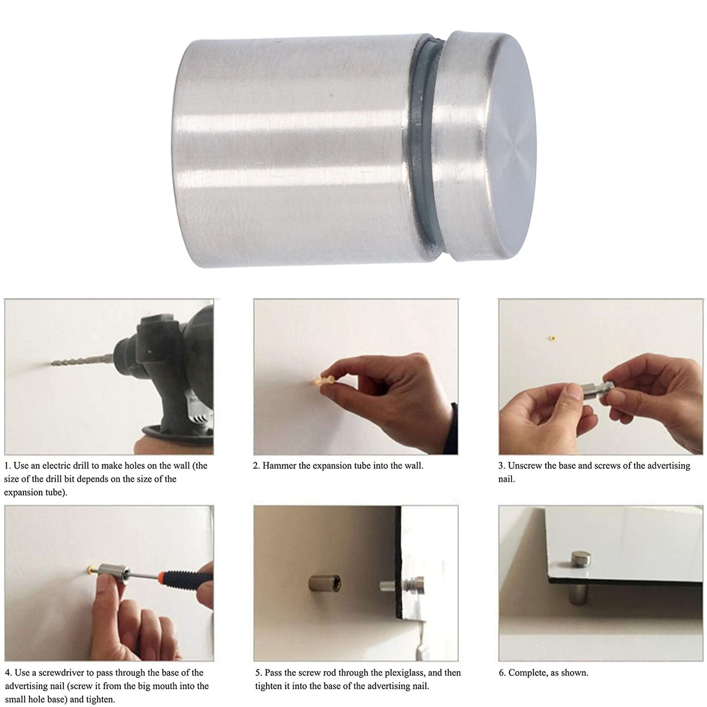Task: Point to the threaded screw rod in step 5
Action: coord(391,586)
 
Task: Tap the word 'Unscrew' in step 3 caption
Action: coord(525,465)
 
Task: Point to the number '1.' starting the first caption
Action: coord(8,465)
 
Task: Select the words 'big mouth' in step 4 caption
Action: coord(159,686)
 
